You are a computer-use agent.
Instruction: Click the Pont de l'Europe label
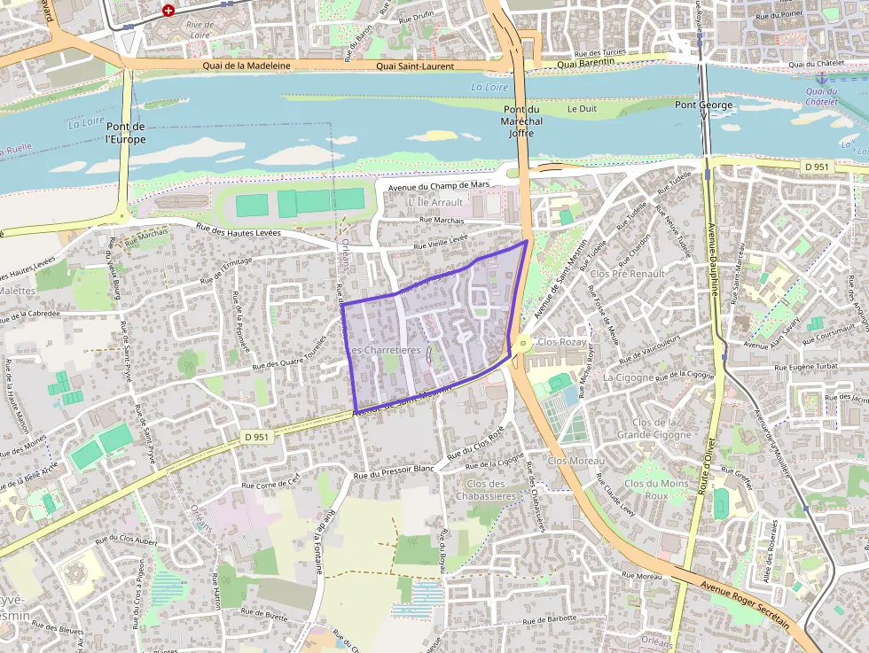[x=124, y=133]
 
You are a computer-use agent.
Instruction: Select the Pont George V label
[x=704, y=105]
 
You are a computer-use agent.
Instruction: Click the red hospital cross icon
[x=168, y=11]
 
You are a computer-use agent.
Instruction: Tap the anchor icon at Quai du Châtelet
[x=821, y=78]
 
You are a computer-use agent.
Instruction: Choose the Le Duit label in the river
[x=582, y=109]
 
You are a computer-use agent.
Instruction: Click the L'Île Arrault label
[x=435, y=202]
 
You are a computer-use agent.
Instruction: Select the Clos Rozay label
[x=562, y=342]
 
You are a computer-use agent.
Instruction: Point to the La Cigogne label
[x=627, y=377]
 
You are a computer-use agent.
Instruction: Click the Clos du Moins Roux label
[x=656, y=489]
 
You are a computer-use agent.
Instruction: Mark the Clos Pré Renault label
[x=627, y=274]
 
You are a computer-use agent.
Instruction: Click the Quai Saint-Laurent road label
[x=415, y=66]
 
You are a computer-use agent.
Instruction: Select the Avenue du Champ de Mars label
[x=438, y=184]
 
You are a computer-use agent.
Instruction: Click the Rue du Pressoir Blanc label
[x=394, y=471]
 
